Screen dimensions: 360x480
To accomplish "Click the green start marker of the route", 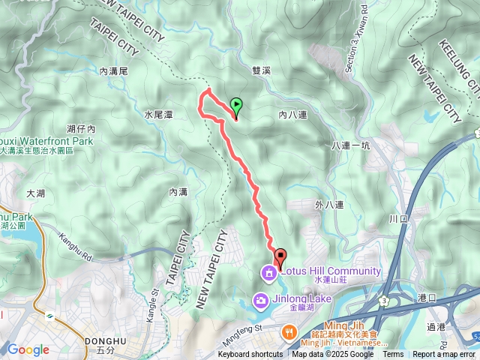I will click(237, 106).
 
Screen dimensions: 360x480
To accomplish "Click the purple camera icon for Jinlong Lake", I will click(260, 301).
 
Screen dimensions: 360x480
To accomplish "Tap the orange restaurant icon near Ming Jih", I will click(288, 331).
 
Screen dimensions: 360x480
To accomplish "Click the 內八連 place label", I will click(293, 115).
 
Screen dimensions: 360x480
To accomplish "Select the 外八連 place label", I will click(328, 205).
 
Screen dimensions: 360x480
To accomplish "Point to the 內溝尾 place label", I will click(115, 70).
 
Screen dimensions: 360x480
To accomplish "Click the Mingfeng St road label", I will click(240, 328).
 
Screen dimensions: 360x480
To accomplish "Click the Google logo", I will click(28, 349).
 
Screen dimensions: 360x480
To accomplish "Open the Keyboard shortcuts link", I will click(250, 355).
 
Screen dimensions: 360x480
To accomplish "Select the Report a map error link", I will click(444, 355).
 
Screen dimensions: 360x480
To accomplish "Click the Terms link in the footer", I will click(393, 355).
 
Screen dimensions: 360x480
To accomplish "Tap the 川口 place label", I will click(397, 219).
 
